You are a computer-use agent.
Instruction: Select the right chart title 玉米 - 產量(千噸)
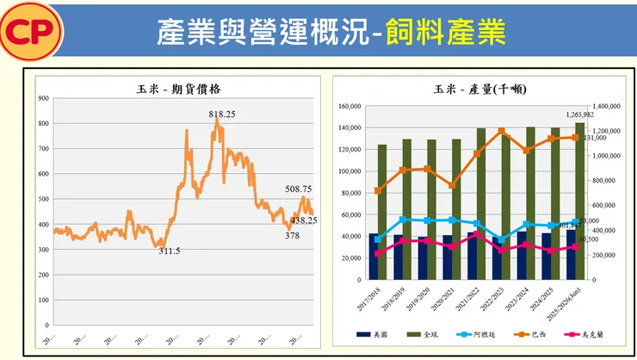tap(480, 89)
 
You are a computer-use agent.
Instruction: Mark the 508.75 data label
tap(300, 189)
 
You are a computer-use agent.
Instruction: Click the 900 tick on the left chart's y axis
tap(42, 98)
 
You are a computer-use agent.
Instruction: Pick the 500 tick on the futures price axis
tap(42, 199)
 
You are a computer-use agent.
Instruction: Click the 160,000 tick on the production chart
tap(348, 107)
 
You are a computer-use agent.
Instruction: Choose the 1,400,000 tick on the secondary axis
tap(607, 107)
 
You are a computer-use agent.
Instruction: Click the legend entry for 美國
tap(372, 334)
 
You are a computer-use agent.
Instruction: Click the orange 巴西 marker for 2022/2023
tap(501, 131)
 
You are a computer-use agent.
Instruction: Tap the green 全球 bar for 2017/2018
tap(382, 212)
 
